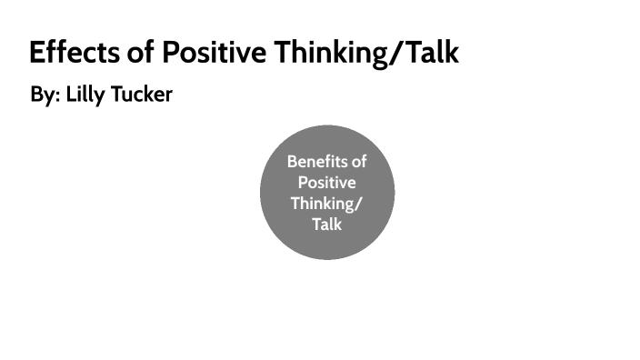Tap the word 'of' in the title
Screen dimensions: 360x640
pyautogui.click(x=141, y=52)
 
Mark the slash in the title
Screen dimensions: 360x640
pyautogui.click(x=395, y=52)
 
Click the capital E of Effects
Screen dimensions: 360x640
pyautogui.click(x=37, y=52)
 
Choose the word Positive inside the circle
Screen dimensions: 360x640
pyautogui.click(x=327, y=182)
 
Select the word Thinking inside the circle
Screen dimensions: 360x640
pyautogui.click(x=324, y=203)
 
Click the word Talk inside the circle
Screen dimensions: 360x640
pyautogui.click(x=327, y=223)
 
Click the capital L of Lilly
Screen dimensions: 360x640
pyautogui.click(x=71, y=95)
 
